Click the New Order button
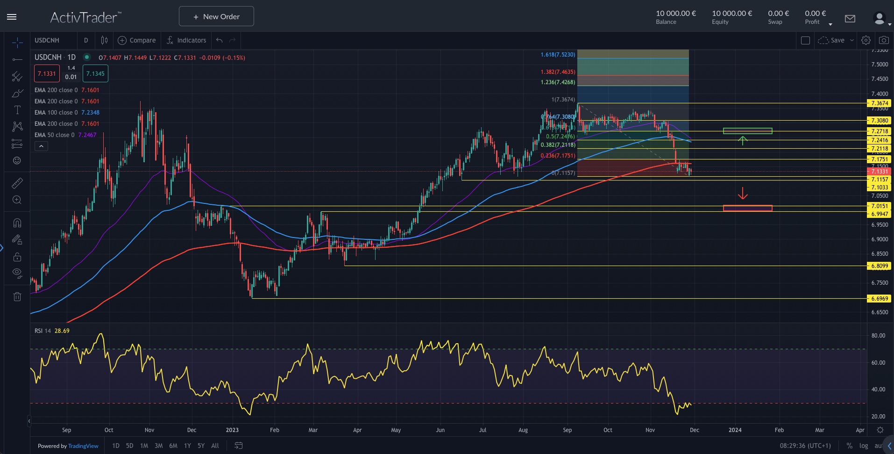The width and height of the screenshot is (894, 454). (216, 16)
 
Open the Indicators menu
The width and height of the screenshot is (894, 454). (186, 40)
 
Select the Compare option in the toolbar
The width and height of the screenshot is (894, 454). (137, 40)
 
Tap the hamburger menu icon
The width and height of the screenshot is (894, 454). (12, 17)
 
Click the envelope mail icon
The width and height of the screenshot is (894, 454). (850, 19)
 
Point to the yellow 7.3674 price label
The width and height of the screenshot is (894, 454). (879, 103)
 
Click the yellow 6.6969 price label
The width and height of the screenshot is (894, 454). (879, 299)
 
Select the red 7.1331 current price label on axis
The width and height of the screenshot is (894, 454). (879, 172)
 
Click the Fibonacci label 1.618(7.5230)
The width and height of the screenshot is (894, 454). (558, 55)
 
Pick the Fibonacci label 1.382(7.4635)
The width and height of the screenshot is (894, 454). (558, 72)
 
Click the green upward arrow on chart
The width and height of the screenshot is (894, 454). (743, 140)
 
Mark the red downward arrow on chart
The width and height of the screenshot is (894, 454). (743, 193)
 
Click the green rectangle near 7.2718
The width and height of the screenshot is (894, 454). (747, 131)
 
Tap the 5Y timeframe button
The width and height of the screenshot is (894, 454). (201, 446)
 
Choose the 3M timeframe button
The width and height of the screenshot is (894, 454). (159, 446)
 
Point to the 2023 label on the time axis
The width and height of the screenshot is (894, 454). (232, 430)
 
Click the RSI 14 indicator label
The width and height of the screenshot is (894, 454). (43, 331)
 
